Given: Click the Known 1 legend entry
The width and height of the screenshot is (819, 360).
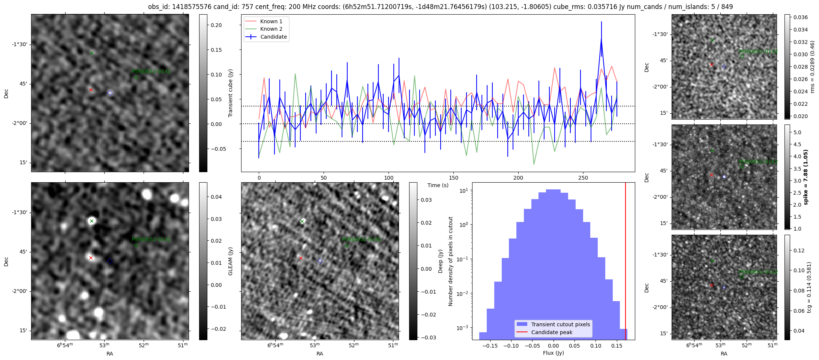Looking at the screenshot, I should click(271, 21).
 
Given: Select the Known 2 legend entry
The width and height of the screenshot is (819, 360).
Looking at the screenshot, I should click(271, 29).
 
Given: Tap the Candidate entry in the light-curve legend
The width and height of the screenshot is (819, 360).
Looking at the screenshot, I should click(273, 37).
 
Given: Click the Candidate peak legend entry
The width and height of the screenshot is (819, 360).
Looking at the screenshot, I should click(552, 332).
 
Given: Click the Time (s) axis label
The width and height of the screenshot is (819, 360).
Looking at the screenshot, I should click(438, 185).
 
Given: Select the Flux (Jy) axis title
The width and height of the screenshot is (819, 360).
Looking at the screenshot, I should click(553, 353).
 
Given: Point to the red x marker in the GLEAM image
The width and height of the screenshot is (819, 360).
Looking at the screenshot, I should click(91, 258).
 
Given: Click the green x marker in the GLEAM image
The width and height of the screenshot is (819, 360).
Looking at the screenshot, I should click(91, 221).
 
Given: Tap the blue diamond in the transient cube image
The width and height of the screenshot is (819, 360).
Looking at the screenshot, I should click(110, 93).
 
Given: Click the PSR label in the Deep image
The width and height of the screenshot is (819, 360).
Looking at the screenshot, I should click(361, 239).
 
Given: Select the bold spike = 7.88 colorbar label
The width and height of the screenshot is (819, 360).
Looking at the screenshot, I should click(805, 177).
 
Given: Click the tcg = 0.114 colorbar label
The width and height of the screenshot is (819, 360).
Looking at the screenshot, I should click(809, 287).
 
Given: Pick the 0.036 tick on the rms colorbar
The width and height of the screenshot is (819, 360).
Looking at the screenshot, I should click(800, 17).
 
